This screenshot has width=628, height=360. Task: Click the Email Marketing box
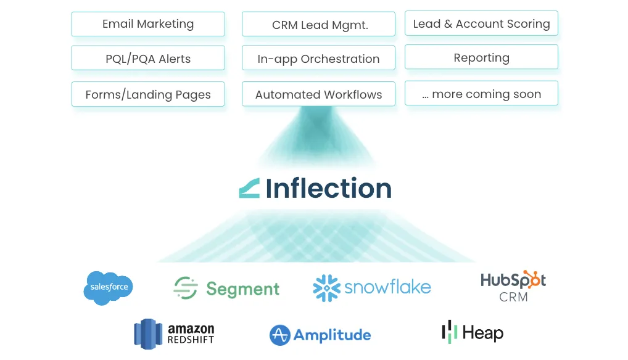pos(148,24)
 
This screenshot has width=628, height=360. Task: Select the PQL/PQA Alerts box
pos(148,59)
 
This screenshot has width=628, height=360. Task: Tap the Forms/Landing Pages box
pos(148,94)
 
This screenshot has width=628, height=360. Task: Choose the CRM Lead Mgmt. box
pos(318,25)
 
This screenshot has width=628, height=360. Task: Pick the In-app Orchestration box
pos(318,59)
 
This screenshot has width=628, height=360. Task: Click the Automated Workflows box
pos(318,94)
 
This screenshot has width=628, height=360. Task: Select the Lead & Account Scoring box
pos(481,23)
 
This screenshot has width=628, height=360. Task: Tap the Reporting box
pos(481,57)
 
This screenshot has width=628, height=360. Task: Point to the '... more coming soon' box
pos(481,94)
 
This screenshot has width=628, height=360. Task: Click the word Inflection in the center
pos(329,188)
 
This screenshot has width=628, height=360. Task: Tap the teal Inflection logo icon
pos(249,188)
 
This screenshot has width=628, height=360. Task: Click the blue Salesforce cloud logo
pos(109,287)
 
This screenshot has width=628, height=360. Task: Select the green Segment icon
pos(185,288)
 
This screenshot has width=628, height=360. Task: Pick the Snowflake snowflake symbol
pos(326,288)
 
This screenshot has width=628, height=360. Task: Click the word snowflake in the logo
pos(387,287)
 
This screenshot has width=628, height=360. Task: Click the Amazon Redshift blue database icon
pos(147,333)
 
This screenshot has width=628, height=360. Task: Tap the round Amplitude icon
pos(280,335)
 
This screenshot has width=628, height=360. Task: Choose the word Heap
pos(482,333)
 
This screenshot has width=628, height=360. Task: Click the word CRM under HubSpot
pos(513,297)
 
